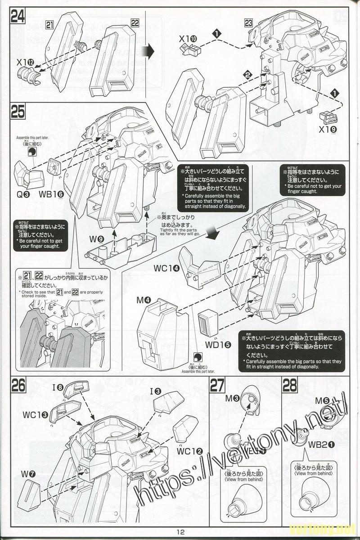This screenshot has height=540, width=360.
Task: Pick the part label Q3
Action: pos(24,194)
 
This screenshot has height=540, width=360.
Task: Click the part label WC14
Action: pos(166,269)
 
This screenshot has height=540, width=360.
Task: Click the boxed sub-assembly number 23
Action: pos(248,24)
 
